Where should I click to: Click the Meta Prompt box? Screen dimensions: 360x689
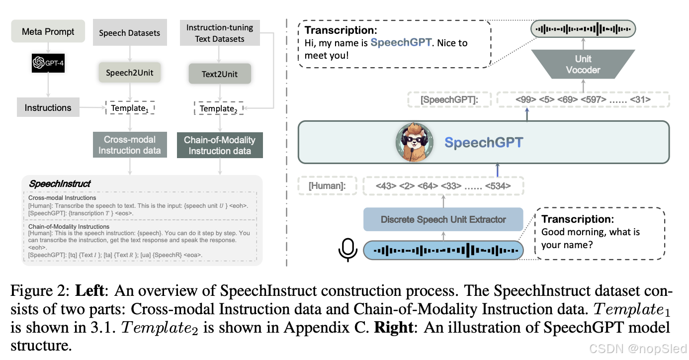click(48, 32)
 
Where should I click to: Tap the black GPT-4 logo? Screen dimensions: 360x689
click(48, 63)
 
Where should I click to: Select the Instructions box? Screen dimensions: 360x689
click(48, 107)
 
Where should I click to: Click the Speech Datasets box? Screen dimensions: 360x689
click(130, 33)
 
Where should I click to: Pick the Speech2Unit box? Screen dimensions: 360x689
click(130, 73)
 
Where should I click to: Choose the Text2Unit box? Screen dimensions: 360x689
click(220, 74)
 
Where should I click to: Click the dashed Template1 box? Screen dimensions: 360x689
click(130, 107)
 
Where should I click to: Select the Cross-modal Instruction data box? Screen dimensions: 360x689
click(130, 145)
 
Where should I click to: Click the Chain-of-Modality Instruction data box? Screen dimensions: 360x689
click(220, 145)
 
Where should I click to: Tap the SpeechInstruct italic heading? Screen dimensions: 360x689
click(60, 184)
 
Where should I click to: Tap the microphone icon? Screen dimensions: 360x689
click(347, 250)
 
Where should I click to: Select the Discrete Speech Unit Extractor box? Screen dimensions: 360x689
click(443, 219)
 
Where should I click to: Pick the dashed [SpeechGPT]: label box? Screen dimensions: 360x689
click(449, 100)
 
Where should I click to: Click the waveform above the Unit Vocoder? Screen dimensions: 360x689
click(583, 29)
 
